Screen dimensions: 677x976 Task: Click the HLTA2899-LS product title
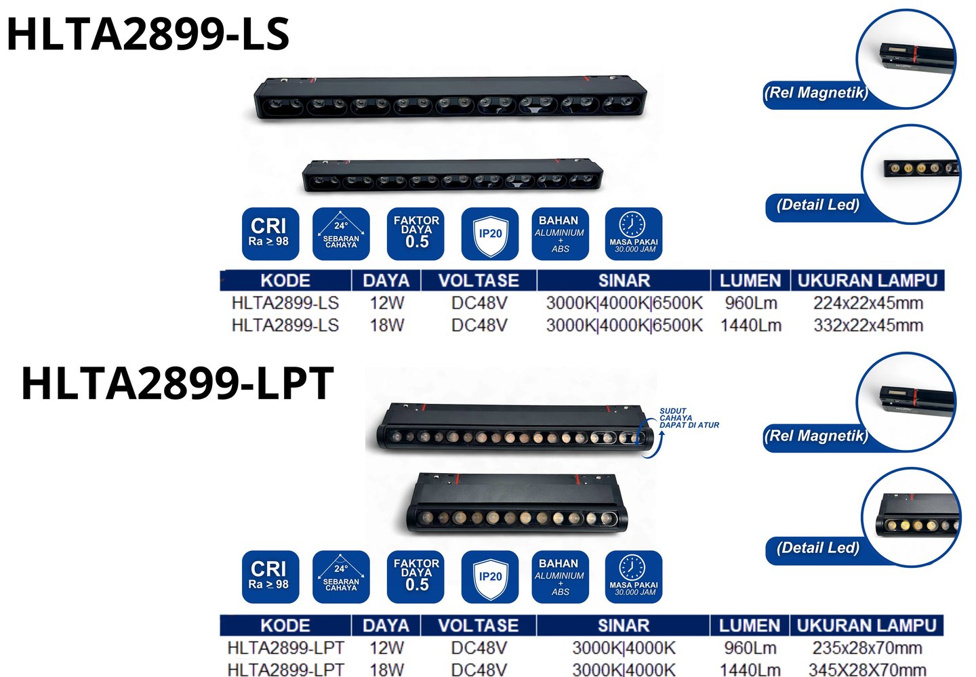point(148,34)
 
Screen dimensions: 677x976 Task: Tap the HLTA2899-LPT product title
point(178,383)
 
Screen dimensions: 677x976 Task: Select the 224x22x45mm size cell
point(868,303)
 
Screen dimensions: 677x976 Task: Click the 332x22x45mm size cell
point(868,325)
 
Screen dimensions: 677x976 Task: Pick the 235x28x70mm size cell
point(867,648)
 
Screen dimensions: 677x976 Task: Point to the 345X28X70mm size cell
point(867,670)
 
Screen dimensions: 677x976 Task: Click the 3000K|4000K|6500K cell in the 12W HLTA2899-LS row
point(624,303)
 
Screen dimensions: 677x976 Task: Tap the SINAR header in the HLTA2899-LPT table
point(623,625)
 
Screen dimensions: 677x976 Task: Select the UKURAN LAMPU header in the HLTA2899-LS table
point(867,281)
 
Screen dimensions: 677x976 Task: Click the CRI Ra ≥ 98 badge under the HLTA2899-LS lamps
point(270,234)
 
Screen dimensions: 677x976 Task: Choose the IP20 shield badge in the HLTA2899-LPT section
point(490,577)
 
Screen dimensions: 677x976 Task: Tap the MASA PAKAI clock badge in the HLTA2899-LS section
point(633,234)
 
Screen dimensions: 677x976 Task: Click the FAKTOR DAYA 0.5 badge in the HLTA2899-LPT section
point(415,577)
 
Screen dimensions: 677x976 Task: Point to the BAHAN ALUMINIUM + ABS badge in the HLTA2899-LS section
point(559,234)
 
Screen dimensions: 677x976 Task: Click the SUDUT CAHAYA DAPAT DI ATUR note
point(689,418)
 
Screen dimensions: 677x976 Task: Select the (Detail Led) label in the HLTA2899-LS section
point(817,205)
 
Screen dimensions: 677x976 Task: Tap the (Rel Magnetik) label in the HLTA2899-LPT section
point(815,436)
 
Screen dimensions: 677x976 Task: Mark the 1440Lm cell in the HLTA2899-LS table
point(750,325)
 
